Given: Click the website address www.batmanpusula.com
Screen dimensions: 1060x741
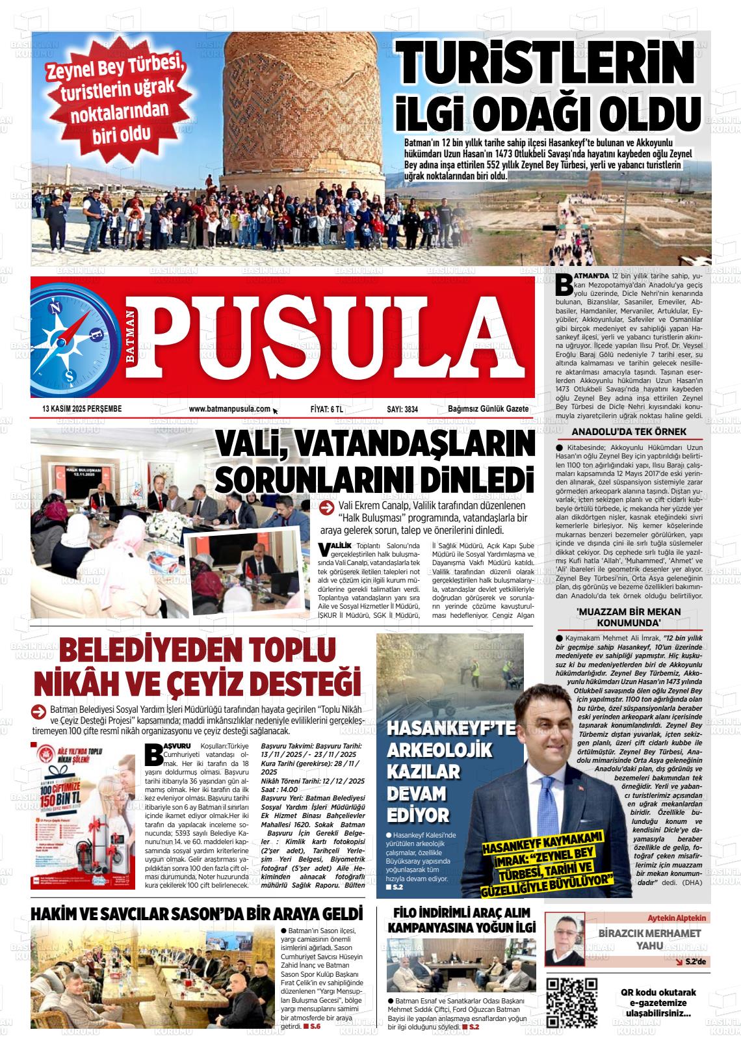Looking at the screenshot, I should point(229,408).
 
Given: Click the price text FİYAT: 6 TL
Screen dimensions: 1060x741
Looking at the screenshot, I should point(327,409).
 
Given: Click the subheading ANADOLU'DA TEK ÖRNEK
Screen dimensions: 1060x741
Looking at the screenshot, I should point(629,432).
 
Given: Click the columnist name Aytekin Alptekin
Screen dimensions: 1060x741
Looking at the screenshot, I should point(675,918).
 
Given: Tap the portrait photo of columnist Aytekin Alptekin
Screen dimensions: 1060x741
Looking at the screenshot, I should point(564,939).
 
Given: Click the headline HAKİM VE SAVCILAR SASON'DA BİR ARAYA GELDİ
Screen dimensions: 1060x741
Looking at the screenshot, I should point(196,912).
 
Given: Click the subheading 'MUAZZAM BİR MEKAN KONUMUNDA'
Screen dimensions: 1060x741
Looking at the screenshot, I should point(629,616).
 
